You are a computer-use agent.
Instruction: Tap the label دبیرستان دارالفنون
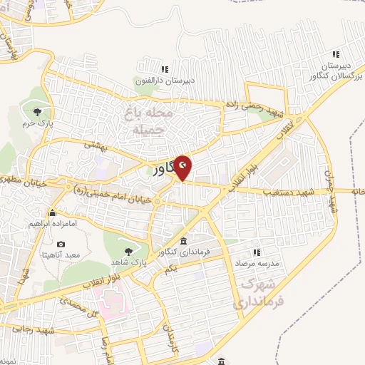pos(165,81)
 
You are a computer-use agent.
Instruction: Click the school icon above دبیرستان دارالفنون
pos(165,69)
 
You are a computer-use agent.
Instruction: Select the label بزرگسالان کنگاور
pos(335,74)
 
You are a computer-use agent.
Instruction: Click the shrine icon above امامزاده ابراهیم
pos(52,212)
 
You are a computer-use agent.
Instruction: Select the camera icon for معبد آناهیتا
pos(61,245)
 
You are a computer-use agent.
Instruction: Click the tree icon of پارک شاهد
pos(128,250)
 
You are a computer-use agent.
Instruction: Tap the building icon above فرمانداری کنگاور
pos(184,240)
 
